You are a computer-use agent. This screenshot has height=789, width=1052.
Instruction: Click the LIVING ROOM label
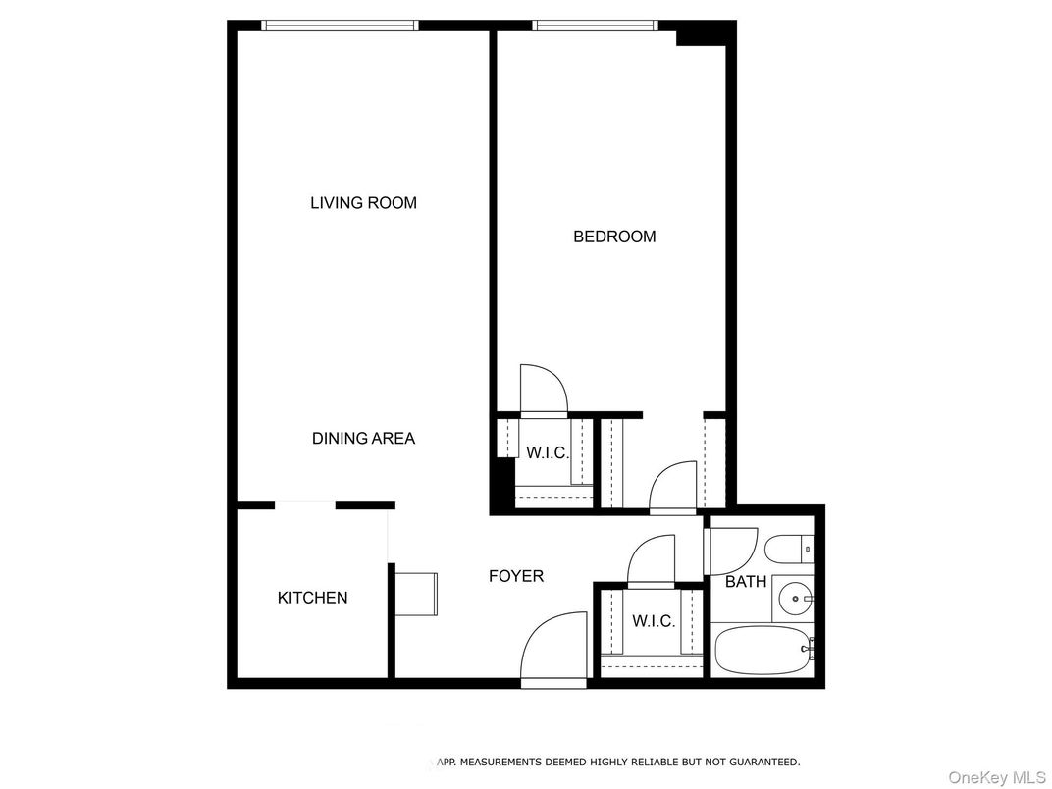click(x=363, y=202)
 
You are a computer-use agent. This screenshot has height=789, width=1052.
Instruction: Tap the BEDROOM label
click(x=614, y=237)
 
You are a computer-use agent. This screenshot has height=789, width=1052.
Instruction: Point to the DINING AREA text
click(x=363, y=438)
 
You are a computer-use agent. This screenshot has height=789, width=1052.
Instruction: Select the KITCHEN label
click(x=313, y=597)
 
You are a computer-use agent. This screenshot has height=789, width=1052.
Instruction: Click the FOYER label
click(x=516, y=576)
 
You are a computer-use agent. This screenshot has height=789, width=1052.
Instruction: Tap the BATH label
click(x=746, y=582)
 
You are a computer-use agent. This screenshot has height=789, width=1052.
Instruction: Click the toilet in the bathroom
click(x=789, y=550)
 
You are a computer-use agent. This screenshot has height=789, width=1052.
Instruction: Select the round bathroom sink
click(x=796, y=597)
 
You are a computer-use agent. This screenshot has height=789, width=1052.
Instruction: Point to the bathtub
click(x=763, y=650)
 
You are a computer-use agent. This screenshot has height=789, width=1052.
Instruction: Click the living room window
click(x=340, y=26)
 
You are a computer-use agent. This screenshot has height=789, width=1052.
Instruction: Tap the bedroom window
click(x=595, y=26)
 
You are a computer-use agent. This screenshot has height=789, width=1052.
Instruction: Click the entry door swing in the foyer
click(x=553, y=649)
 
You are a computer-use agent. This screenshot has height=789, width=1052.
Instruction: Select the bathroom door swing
click(x=731, y=551)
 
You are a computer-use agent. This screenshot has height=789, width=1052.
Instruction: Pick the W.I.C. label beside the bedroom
click(x=547, y=452)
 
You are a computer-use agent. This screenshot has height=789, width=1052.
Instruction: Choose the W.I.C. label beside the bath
click(x=654, y=621)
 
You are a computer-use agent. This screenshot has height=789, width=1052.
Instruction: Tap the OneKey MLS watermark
click(x=998, y=777)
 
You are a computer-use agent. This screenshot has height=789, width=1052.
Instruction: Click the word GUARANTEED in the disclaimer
click(x=764, y=762)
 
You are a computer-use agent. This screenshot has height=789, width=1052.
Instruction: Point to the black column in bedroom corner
click(x=701, y=33)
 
